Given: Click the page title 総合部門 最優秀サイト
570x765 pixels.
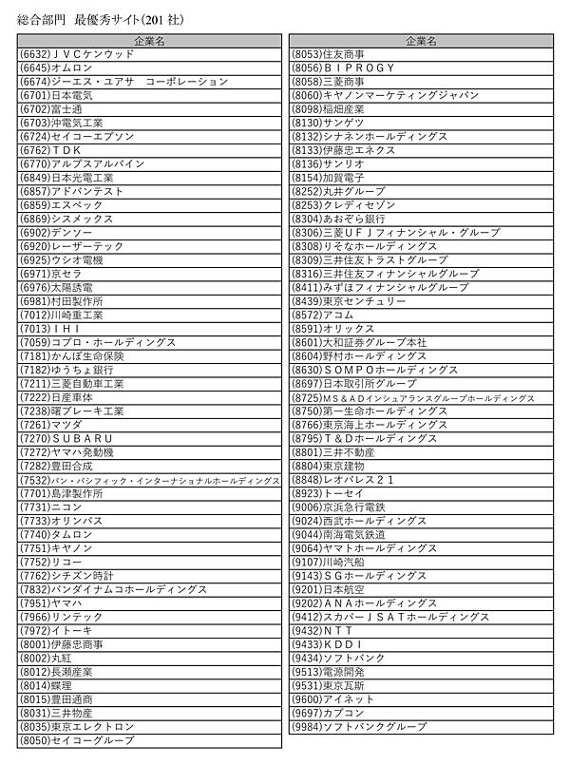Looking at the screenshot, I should (102, 16).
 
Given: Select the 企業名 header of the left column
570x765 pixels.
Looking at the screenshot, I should (149, 41).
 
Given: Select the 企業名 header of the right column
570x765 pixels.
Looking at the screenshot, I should (421, 41).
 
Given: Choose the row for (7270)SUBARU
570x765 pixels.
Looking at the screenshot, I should (66, 438).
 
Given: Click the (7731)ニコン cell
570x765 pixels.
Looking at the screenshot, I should (56, 507).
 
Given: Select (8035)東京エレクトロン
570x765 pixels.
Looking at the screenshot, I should (77, 726).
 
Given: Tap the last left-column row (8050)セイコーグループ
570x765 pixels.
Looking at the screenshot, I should (77, 740).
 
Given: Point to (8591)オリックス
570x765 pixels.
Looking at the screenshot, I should (332, 328).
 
